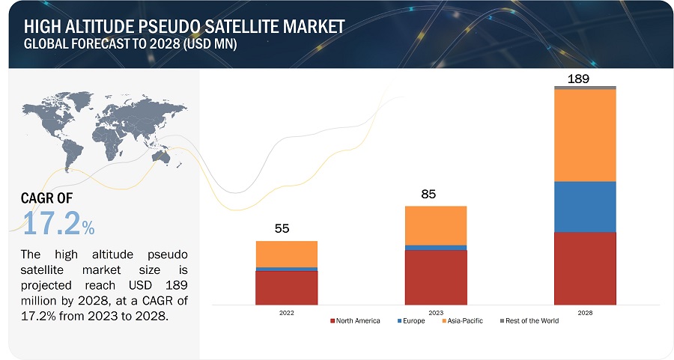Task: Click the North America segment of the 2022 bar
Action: click(x=286, y=287)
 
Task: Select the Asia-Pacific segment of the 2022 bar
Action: click(x=286, y=254)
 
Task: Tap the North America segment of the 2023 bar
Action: click(x=435, y=277)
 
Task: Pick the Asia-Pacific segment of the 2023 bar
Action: click(x=435, y=225)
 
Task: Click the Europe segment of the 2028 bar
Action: click(x=585, y=207)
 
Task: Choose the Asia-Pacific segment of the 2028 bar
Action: click(x=585, y=135)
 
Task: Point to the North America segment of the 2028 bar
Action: click(x=585, y=268)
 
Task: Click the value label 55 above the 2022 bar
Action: click(x=282, y=229)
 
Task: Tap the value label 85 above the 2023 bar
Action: click(x=428, y=195)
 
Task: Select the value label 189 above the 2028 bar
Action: click(x=578, y=77)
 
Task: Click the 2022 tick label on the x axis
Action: click(x=286, y=313)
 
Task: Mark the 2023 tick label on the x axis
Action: click(x=435, y=313)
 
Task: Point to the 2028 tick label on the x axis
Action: click(x=585, y=313)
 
